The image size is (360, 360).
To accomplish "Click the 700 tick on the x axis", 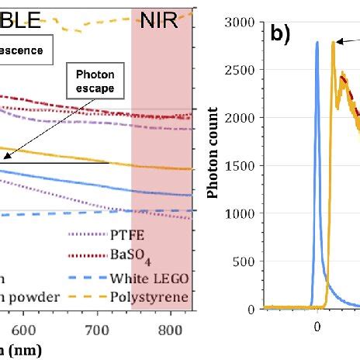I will [95, 330].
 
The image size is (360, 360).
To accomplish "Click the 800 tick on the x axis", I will [168, 330].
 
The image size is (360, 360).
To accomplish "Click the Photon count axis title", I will [223, 166].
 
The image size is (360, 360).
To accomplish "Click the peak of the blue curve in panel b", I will [317, 43].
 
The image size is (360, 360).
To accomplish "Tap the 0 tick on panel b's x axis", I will [317, 327].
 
